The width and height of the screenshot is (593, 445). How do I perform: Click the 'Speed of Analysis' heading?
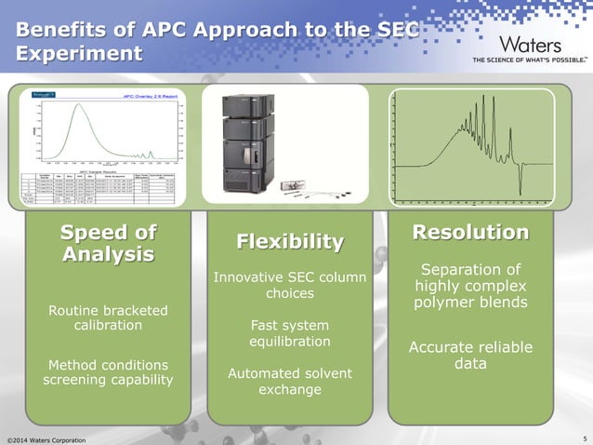[x=108, y=243]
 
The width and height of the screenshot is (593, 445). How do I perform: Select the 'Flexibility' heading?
[x=289, y=243]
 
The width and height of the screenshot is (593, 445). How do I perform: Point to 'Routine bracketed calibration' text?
[x=108, y=317]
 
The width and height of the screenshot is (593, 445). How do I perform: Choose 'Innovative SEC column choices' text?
[x=289, y=286]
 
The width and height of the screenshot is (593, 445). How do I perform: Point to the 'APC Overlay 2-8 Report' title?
[x=148, y=96]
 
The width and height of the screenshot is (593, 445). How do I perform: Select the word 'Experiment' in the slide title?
[x=79, y=53]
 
